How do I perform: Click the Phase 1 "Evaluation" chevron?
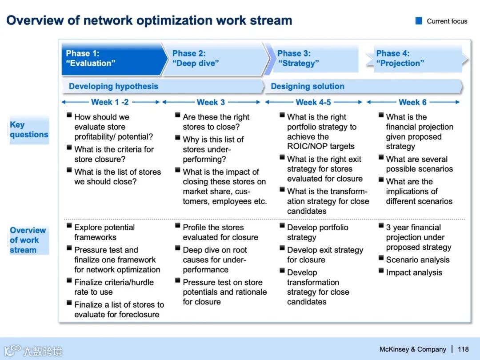(111, 59)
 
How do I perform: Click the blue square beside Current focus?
(419, 21)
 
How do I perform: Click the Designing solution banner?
(362, 86)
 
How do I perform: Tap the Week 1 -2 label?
(110, 102)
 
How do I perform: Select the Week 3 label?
(211, 102)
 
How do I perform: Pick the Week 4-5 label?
(313, 102)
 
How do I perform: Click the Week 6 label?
(412, 102)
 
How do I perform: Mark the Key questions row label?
(29, 130)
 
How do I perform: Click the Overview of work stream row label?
(28, 240)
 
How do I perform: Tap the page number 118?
(463, 349)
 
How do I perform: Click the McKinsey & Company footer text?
(413, 349)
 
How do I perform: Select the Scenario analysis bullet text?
(418, 260)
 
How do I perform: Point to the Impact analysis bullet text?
(414, 273)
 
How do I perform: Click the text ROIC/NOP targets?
(321, 146)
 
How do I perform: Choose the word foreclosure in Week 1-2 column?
(137, 315)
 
